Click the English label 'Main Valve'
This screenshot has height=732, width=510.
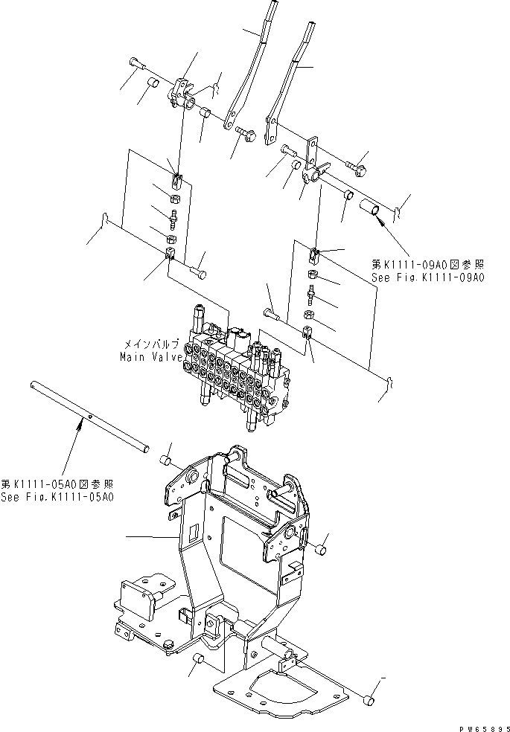click(148, 356)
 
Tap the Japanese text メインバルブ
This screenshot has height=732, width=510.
click(151, 344)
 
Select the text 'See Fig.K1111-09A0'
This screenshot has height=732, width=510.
click(427, 277)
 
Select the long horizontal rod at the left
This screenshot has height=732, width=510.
click(90, 417)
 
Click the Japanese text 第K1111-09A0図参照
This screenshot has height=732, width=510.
click(427, 264)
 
